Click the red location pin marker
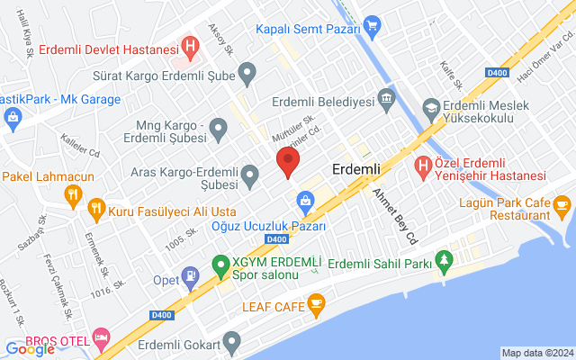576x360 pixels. click(287, 163)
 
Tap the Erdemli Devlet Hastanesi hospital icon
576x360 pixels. click(189, 45)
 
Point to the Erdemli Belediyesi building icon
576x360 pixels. click(387, 96)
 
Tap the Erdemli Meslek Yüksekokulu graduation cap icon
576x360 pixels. click(431, 108)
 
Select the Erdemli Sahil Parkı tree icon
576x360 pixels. click(442, 262)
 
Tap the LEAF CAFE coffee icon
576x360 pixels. click(315, 305)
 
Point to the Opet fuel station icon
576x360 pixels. click(190, 274)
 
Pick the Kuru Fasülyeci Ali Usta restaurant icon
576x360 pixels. click(96, 211)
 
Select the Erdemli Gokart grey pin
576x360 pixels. click(233, 341)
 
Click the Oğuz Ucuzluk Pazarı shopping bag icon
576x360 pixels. click(305, 200)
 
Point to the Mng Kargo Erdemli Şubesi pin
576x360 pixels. click(218, 133)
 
